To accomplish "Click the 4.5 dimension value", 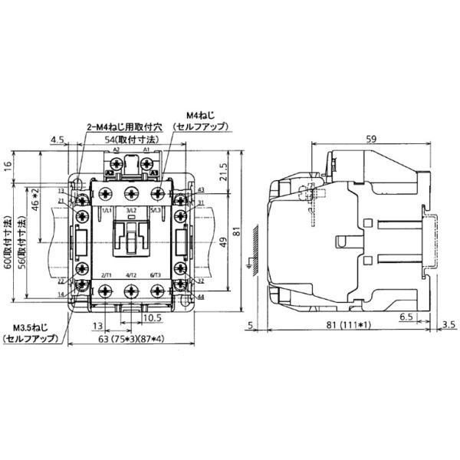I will tap(57, 140).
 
